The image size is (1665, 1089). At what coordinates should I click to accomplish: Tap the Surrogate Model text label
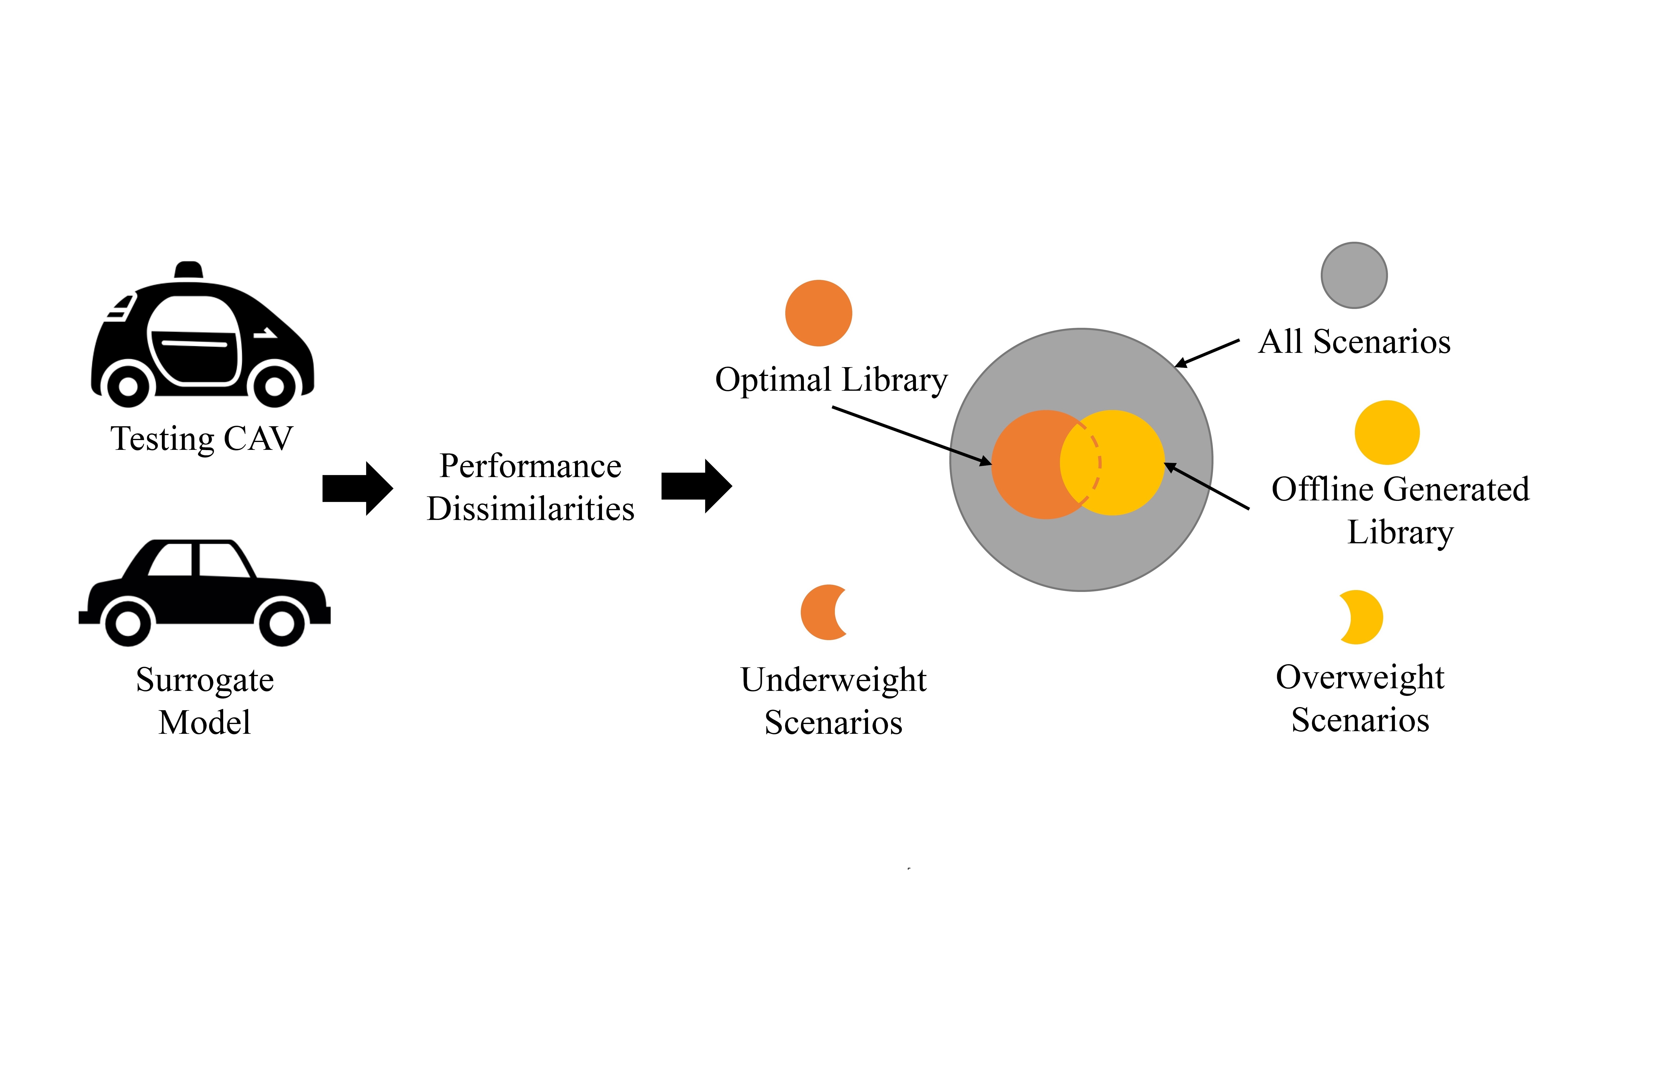204,701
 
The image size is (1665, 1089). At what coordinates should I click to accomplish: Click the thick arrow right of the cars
358,488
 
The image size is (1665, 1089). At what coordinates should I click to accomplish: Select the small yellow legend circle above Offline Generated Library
1387,432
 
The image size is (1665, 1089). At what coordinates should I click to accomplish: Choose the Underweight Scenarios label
833,701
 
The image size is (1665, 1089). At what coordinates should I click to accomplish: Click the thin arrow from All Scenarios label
1207,353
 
